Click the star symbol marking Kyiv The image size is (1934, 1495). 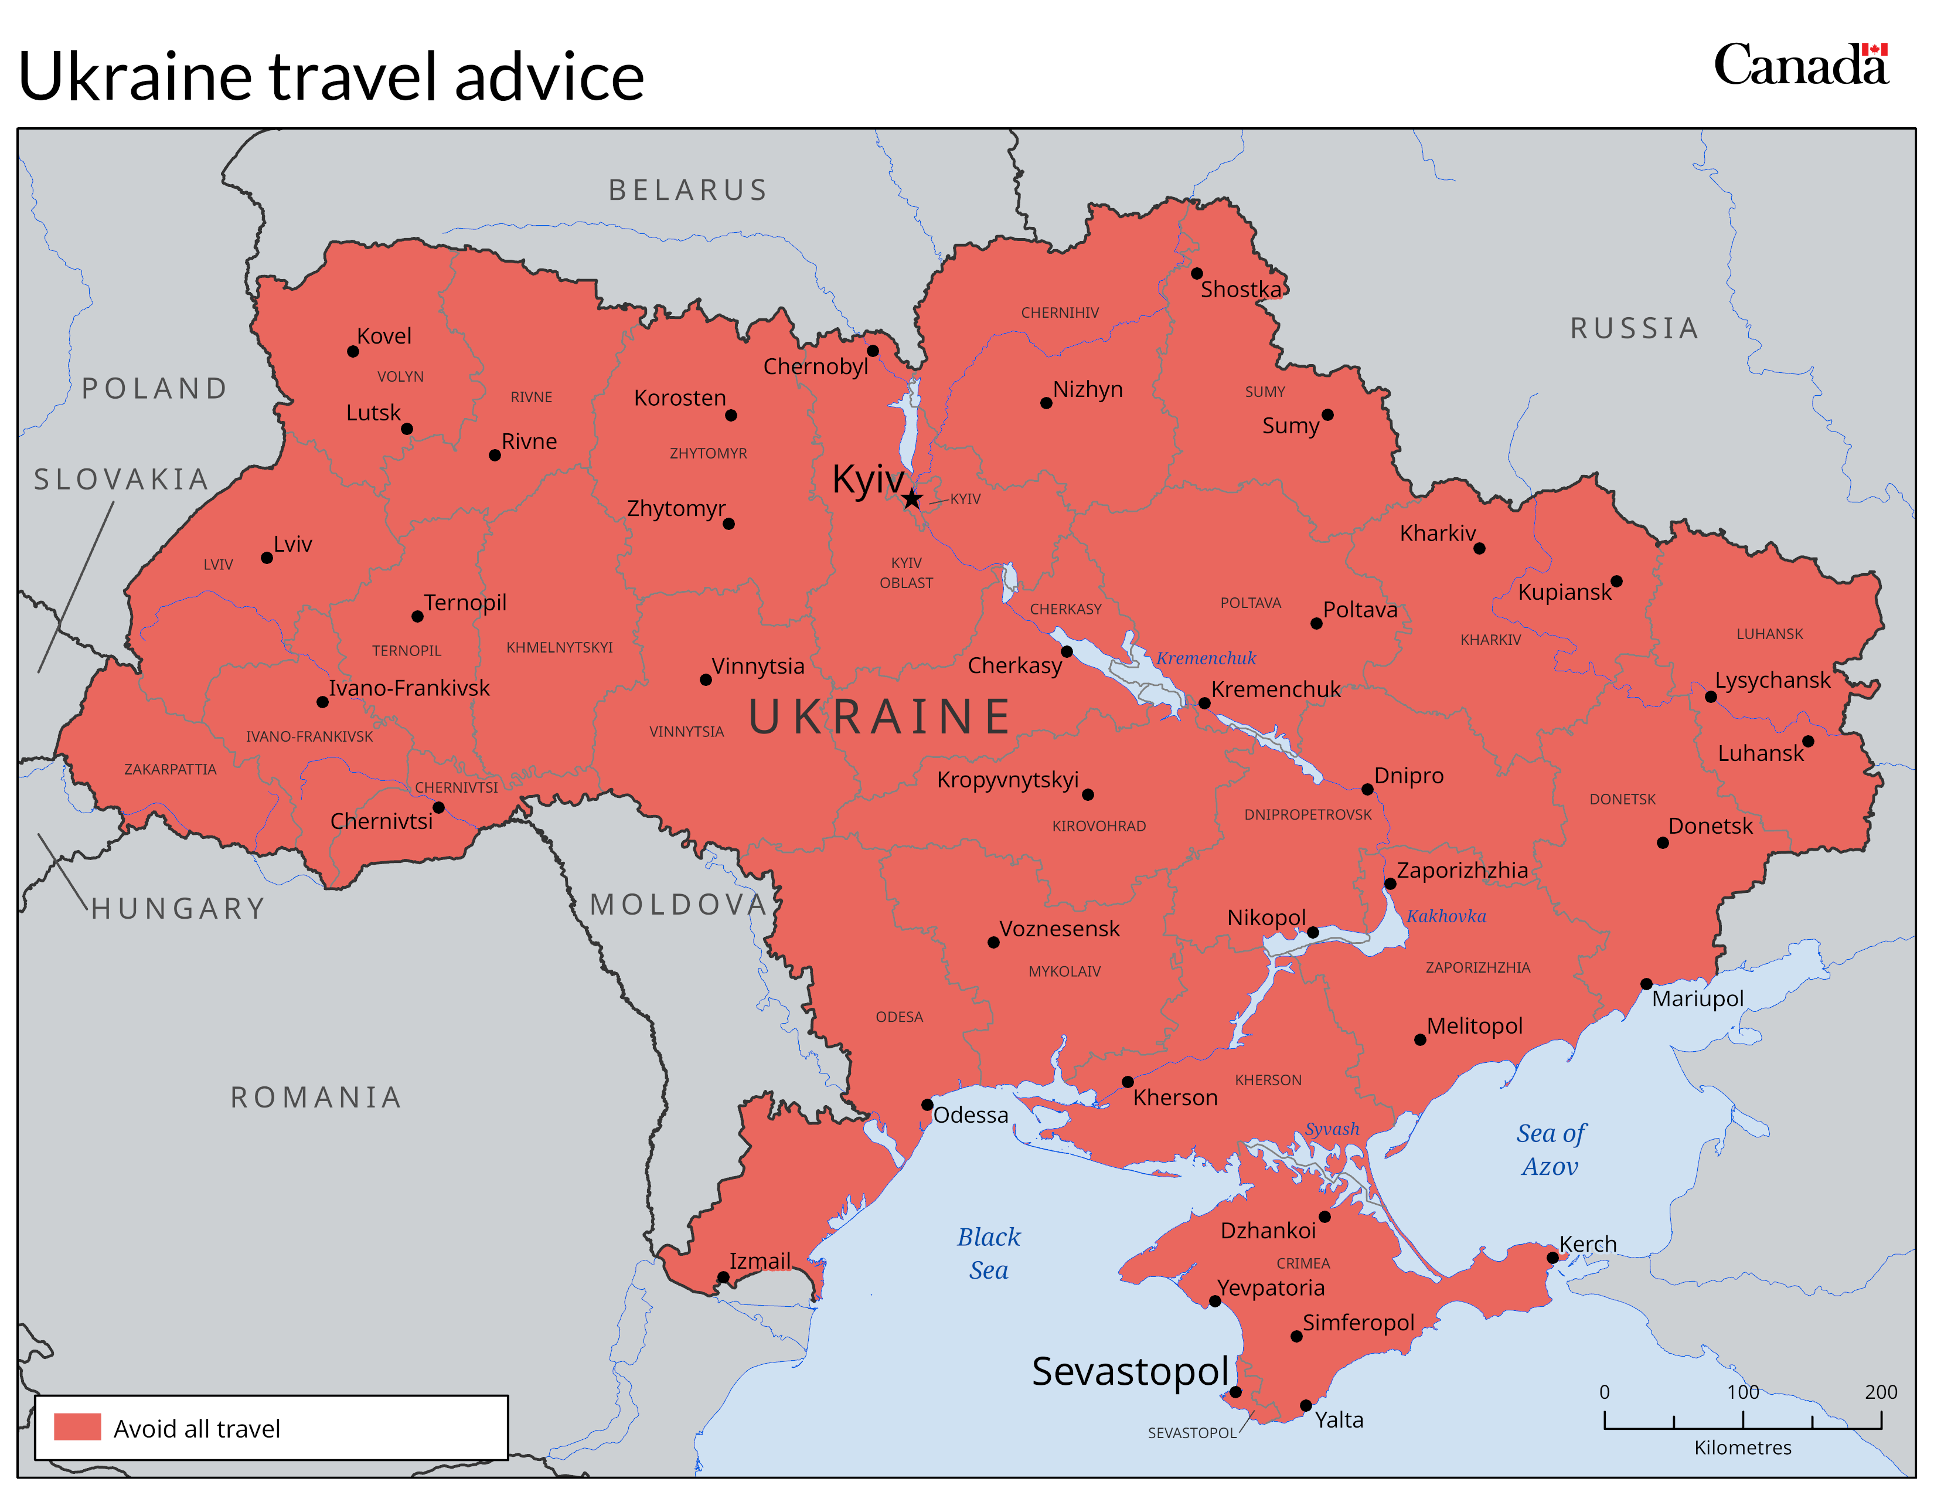911,499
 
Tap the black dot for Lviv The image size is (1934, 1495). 267,558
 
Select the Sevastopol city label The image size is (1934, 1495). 1130,1371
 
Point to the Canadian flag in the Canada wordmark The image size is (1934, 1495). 1874,50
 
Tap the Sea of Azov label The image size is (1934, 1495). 1551,1150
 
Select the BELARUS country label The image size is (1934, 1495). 688,191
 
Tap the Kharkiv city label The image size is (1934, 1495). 1437,533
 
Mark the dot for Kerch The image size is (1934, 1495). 1552,1258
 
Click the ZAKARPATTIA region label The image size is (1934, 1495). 170,769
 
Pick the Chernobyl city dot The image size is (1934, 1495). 872,351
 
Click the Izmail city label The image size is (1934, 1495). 760,1260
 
